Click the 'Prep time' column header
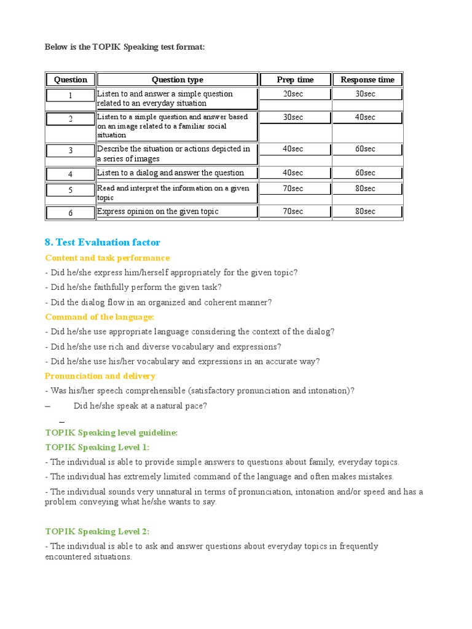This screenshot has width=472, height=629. [x=295, y=79]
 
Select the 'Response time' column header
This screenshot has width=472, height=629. [x=368, y=79]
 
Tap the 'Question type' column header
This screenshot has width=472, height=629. [x=177, y=79]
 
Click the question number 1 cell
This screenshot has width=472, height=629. [x=70, y=95]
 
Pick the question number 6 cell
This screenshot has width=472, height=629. [x=70, y=213]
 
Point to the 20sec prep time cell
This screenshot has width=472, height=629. [x=295, y=94]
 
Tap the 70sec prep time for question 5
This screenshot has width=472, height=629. [x=295, y=189]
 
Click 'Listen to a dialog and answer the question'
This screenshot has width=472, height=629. [x=170, y=173]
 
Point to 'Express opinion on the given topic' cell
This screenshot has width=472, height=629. [x=158, y=211]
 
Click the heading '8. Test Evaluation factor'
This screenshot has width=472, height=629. [x=103, y=243]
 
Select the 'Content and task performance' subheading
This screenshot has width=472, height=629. [x=108, y=258]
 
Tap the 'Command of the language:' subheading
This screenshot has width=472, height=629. [x=100, y=317]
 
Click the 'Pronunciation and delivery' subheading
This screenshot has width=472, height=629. [x=101, y=376]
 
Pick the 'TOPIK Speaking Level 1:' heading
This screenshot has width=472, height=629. [x=97, y=447]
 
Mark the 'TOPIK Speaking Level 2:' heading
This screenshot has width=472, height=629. [x=97, y=531]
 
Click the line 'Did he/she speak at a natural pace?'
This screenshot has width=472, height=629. [x=140, y=405]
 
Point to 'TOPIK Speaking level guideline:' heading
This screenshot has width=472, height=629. [x=111, y=432]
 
